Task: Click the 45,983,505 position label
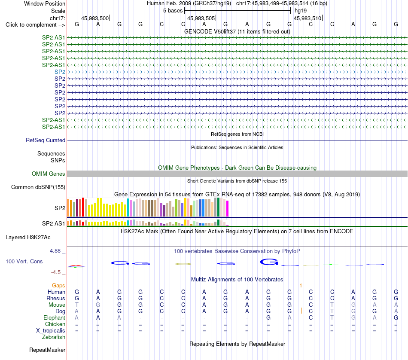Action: (x=201, y=18)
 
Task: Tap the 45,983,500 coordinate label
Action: (x=95, y=18)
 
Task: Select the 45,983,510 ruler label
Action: (x=308, y=18)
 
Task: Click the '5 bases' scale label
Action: (x=173, y=11)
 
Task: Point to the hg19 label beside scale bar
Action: (x=301, y=11)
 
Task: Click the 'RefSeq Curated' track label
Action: (x=46, y=140)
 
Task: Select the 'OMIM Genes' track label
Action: (x=49, y=174)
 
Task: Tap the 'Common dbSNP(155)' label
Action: (x=38, y=187)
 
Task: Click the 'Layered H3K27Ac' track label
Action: (x=28, y=238)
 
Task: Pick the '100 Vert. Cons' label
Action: (x=24, y=261)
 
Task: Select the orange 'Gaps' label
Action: (x=58, y=286)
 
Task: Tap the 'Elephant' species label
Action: (x=55, y=317)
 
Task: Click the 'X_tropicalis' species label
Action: (x=51, y=331)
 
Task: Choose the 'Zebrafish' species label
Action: (x=54, y=337)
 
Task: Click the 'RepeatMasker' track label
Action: (x=47, y=350)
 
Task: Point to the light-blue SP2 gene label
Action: (x=60, y=72)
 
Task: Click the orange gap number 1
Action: (x=301, y=286)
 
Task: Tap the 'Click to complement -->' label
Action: (x=35, y=25)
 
